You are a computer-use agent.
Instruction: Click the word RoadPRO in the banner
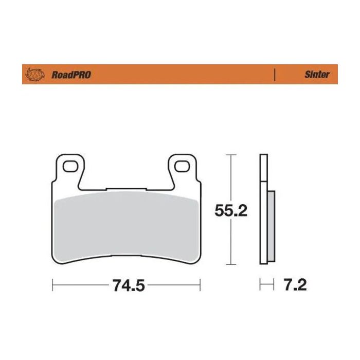coord(71,75)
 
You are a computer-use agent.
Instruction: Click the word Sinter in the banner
coord(317,75)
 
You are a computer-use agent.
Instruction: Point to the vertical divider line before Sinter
coord(275,75)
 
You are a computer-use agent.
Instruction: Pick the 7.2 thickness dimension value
coord(295,284)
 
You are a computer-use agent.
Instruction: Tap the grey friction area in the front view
coord(126,221)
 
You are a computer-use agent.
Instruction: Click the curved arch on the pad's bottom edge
coord(126,257)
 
